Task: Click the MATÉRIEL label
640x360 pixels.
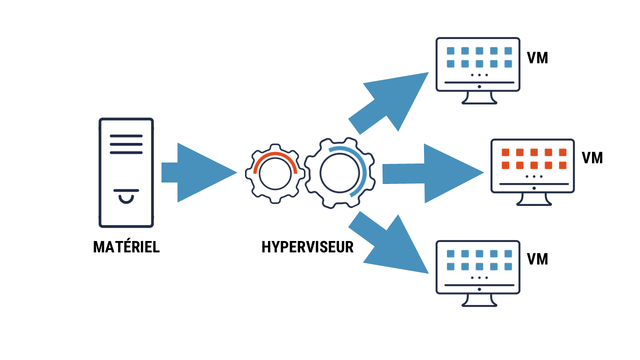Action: [x=126, y=247]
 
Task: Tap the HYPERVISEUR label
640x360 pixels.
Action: [x=307, y=247]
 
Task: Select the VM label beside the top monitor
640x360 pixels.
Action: [x=537, y=58]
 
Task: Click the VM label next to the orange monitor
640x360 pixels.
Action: [x=592, y=158]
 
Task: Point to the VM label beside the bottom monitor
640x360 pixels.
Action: [x=537, y=259]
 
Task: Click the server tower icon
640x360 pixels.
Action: [x=126, y=172]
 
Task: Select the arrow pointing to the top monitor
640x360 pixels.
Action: [x=392, y=102]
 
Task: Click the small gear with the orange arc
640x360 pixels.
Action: [x=274, y=173]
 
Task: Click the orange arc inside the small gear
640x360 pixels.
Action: [x=275, y=156]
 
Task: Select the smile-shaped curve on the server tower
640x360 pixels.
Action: [x=126, y=198]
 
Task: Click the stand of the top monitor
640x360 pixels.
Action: [x=479, y=97]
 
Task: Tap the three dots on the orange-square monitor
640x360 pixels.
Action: [x=534, y=176]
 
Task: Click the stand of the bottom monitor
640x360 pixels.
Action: [x=479, y=300]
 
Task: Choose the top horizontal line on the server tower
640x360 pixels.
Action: [x=126, y=136]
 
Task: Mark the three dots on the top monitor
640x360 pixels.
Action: [x=479, y=75]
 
